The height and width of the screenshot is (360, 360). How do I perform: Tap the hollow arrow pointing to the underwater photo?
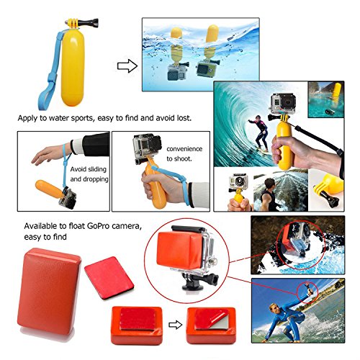pos(127,66)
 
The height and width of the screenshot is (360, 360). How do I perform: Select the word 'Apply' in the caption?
pos(27,118)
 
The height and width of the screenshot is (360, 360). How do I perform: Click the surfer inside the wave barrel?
pos(259,132)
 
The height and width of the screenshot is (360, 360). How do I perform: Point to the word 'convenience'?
pos(184,149)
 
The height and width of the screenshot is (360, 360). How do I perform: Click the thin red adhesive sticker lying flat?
pos(109,278)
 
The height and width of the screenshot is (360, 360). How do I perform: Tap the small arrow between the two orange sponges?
pos(175,325)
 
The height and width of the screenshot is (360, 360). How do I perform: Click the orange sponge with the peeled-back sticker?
pos(212,325)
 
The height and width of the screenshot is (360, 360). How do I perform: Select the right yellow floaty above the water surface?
pos(212,33)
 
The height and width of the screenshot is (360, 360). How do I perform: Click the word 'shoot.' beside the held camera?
pos(179,158)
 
